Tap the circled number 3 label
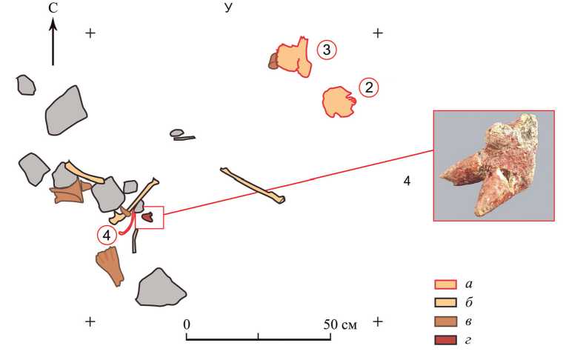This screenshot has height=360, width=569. click(x=327, y=50)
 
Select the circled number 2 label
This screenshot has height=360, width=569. click(x=369, y=88)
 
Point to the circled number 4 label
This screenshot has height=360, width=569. click(x=107, y=236)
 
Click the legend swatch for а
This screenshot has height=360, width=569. click(x=445, y=284)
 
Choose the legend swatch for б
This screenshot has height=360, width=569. click(x=445, y=303)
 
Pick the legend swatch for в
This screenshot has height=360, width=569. click(x=445, y=321)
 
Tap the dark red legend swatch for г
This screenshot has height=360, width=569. click(x=445, y=340)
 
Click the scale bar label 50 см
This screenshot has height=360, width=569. click(x=340, y=324)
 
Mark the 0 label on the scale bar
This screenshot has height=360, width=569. click(x=187, y=324)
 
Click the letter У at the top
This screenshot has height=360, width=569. click(x=228, y=7)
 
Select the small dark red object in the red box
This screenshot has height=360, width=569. click(x=148, y=217)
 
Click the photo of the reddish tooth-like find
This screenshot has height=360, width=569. click(x=494, y=165)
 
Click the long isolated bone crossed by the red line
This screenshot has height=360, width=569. click(x=252, y=185)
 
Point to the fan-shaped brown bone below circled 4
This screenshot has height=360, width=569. click(x=110, y=266)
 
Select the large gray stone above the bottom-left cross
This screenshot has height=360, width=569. click(x=160, y=288)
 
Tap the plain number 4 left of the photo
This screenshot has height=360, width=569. click(x=407, y=181)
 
